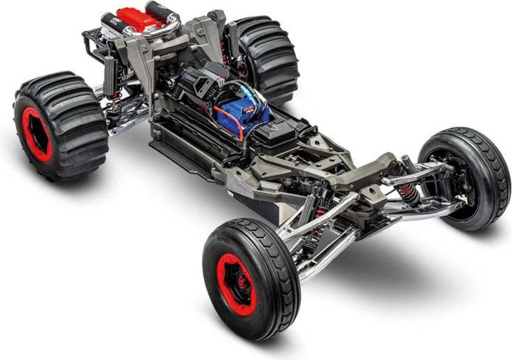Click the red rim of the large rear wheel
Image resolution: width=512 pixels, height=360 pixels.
(x=36, y=133)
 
